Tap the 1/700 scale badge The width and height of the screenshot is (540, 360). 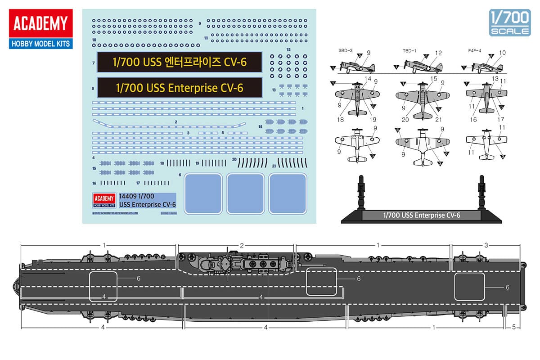(509, 22)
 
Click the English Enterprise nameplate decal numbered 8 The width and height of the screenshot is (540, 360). (180, 87)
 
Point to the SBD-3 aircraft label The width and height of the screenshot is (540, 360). (346, 51)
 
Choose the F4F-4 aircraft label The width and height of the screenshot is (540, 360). (474, 51)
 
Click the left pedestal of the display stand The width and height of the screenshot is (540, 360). (360, 193)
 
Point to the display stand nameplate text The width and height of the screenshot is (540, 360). (421, 216)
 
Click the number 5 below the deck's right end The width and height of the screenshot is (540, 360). (513, 327)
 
